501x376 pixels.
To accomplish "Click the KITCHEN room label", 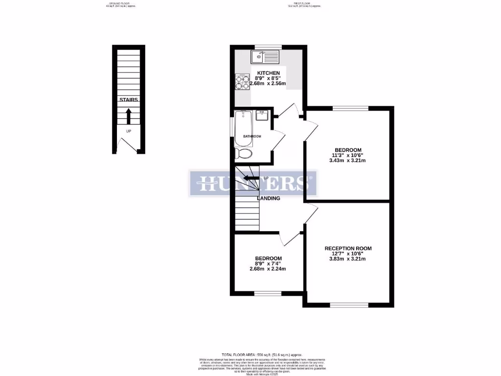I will [269, 73].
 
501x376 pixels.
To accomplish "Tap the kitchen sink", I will [265, 57].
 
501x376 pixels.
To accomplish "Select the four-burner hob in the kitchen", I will [242, 82].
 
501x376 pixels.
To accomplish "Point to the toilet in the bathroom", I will [243, 154].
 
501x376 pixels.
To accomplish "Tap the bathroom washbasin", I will [262, 115].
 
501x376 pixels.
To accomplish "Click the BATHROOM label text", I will [253, 136].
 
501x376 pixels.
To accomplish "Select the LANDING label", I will [269, 198].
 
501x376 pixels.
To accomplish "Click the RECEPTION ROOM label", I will [348, 248].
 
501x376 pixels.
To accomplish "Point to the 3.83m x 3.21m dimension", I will [348, 258].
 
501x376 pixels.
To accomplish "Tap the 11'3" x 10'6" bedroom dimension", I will [348, 155].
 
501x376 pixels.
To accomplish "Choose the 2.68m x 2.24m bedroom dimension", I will [268, 269].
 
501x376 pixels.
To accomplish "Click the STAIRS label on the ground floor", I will [129, 99].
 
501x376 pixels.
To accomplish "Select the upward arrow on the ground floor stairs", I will [129, 116].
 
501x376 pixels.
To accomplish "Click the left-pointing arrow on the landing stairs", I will [251, 178].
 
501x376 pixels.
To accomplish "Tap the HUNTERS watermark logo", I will [253, 184].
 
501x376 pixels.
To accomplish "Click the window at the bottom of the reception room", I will [349, 305].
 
